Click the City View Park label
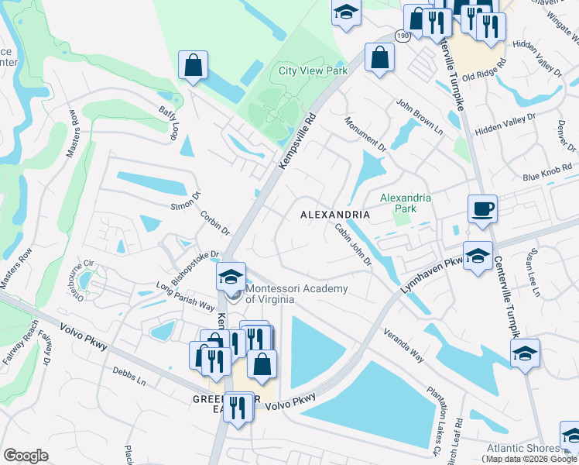[313, 71]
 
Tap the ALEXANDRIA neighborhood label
[334, 214]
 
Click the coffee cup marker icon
[482, 208]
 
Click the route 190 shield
[402, 36]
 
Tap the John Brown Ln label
[419, 115]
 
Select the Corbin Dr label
[215, 222]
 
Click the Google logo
[26, 456]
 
